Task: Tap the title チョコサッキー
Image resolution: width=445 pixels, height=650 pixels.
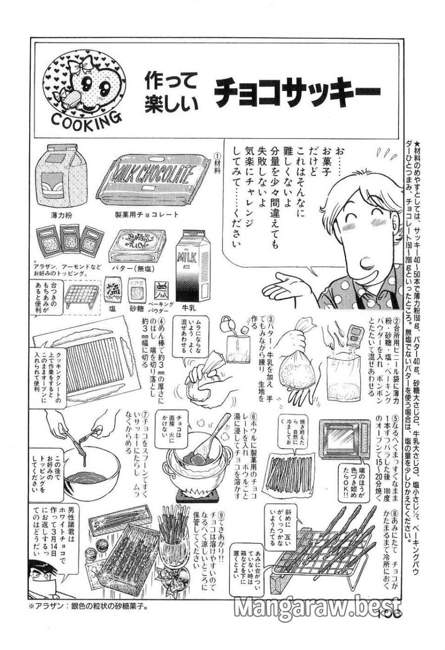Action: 296,91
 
